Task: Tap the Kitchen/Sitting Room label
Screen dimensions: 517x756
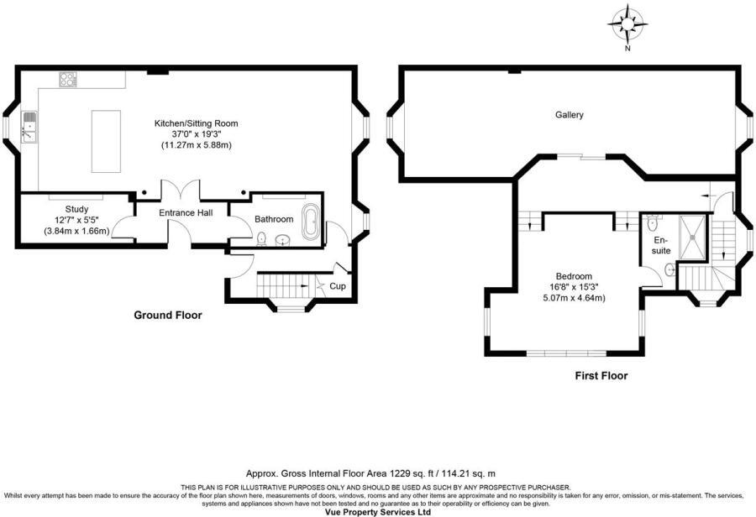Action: (196, 123)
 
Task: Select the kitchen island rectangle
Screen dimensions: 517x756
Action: (107, 139)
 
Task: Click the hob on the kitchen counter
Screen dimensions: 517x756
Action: (68, 80)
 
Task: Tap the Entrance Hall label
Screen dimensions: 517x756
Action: (186, 212)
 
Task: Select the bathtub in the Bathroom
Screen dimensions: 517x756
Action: (309, 223)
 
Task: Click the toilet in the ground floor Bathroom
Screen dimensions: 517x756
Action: (263, 239)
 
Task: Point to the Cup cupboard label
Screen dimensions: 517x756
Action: (336, 286)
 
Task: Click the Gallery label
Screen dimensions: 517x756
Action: (569, 115)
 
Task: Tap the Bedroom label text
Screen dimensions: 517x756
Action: (574, 276)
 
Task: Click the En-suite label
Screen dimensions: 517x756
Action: (662, 244)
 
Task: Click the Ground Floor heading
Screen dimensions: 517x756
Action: (168, 316)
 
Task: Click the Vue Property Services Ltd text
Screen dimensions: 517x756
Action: (377, 511)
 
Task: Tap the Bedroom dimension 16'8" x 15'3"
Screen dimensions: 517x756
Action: (574, 287)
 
